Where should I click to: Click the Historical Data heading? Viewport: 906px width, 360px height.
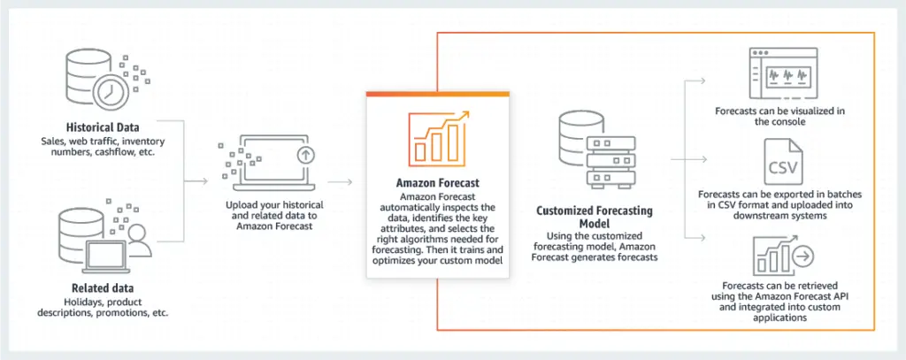tap(102, 127)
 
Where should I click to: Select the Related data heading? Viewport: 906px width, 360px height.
tap(102, 288)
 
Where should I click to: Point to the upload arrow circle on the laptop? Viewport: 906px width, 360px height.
tap(305, 154)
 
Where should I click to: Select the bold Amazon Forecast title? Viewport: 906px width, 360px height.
tap(438, 183)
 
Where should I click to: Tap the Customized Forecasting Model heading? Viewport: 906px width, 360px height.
tap(595, 218)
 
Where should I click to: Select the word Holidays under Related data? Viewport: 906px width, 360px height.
tap(60, 301)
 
